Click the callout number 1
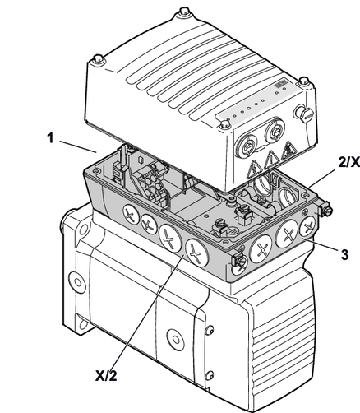[50, 138]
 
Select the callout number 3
[344, 254]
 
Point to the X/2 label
[106, 375]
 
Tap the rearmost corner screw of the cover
[184, 12]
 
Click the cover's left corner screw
[99, 59]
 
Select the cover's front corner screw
[225, 124]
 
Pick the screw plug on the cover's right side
[303, 113]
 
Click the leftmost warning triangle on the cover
[254, 169]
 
